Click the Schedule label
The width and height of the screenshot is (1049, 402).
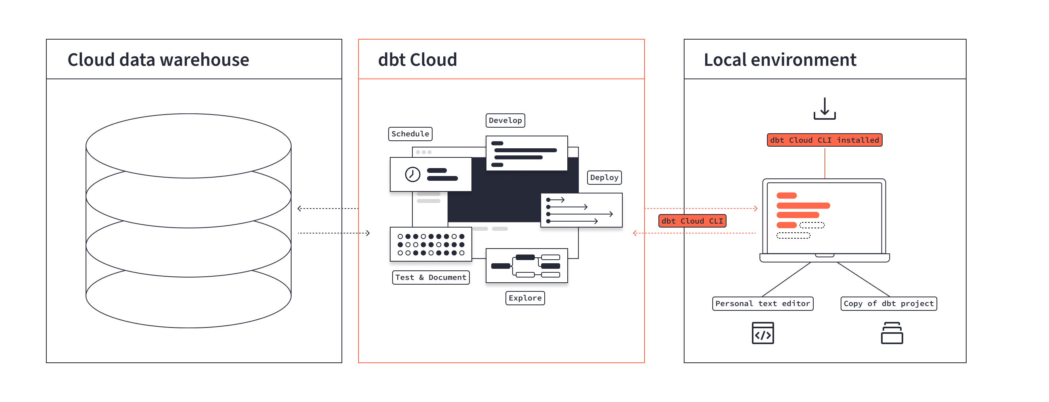410,134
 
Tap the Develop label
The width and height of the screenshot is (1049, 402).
505,120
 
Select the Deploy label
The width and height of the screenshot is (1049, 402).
604,177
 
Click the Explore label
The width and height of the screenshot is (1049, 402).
525,298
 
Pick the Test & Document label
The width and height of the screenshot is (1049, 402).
431,277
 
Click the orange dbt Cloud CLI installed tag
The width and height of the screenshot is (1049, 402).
824,140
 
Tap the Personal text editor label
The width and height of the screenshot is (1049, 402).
762,304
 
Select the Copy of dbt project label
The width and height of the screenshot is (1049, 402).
888,304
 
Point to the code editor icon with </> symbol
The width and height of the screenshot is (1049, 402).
762,333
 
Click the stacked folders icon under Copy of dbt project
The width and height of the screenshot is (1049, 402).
891,333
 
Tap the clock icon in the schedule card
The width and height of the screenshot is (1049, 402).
412,174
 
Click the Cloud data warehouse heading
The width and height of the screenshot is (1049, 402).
158,59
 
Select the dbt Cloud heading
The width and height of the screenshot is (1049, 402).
417,59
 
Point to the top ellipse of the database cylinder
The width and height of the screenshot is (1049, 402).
188,145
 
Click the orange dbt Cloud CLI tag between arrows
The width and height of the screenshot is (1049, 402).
692,221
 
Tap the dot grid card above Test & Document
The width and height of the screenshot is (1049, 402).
431,244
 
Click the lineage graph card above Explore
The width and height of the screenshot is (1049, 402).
526,265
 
